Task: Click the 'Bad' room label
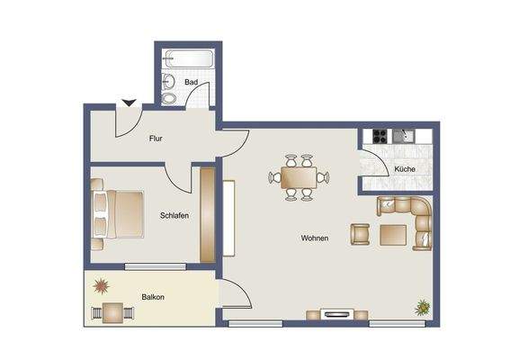coord(190,83)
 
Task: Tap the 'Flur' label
coord(156,139)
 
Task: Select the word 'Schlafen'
coord(174,215)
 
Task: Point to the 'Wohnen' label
coord(314,238)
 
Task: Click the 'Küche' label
coord(404,169)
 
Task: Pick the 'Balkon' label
coord(152,296)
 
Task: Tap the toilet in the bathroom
coord(169,96)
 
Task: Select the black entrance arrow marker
coord(130,104)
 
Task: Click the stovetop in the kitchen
coord(379,138)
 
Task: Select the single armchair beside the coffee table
coord(360,234)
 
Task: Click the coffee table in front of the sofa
coord(394,235)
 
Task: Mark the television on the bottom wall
coord(337,314)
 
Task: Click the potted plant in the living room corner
coord(422,307)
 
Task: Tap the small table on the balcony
coord(112,312)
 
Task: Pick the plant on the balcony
coord(102,286)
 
